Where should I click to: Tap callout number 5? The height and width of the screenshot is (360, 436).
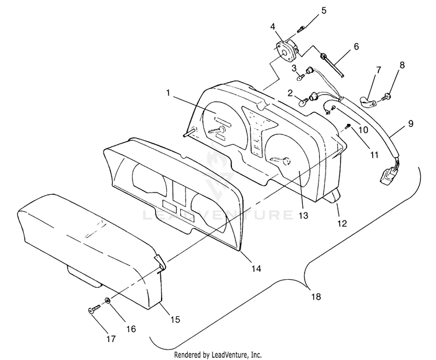[x=324, y=10]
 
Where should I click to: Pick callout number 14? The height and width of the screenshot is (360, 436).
[x=256, y=269]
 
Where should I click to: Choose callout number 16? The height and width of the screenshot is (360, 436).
[x=131, y=329]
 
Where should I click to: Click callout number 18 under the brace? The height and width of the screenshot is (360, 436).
[x=316, y=297]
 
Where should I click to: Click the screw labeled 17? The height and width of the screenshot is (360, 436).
[x=93, y=310]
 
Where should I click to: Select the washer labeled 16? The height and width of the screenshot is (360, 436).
[x=108, y=301]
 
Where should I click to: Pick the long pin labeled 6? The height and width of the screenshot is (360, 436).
[x=335, y=62]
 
